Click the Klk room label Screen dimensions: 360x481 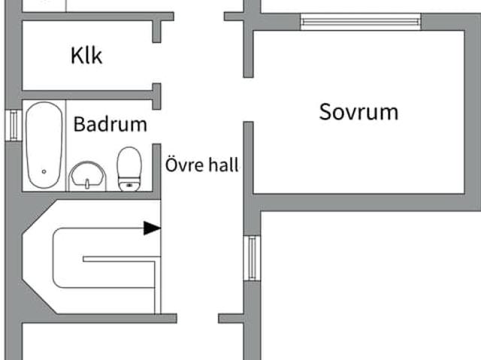[86, 56]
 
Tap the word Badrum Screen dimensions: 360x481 [110, 124]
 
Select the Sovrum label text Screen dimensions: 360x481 [358, 112]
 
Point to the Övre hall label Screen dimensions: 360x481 [201, 165]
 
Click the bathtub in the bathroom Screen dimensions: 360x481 [44, 144]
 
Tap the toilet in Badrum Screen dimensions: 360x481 [129, 169]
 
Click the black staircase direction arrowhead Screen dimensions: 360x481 [153, 228]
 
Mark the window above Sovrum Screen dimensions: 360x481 [360, 22]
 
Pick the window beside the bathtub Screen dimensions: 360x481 [13, 125]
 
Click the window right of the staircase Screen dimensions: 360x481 [252, 258]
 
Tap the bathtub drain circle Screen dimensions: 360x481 [44, 172]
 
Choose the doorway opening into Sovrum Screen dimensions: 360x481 [248, 99]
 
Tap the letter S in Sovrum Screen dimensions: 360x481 [326, 113]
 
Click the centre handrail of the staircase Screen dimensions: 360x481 [120, 259]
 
